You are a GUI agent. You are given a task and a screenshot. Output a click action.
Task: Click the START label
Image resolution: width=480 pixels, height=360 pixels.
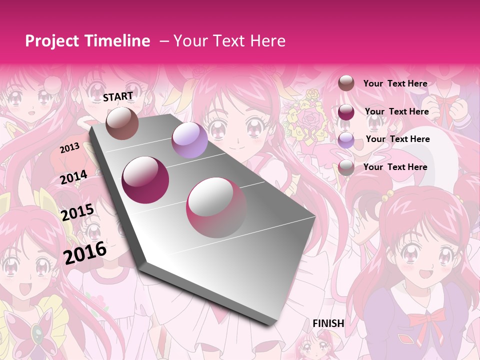click(x=118, y=96)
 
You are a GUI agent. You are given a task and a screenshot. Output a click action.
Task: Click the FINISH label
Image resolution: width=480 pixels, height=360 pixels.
click(x=328, y=323)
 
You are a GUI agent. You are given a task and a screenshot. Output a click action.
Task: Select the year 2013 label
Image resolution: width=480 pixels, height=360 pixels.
click(x=69, y=148)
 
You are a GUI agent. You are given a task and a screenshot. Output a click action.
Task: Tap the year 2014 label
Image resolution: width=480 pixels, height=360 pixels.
click(x=74, y=177)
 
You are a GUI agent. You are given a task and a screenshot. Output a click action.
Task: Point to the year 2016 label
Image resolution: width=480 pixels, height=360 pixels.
click(x=85, y=252)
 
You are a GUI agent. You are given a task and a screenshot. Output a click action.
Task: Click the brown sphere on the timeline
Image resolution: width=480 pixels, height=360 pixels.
click(x=122, y=123)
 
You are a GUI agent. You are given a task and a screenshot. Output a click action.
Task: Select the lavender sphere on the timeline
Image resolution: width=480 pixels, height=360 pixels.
click(x=189, y=140)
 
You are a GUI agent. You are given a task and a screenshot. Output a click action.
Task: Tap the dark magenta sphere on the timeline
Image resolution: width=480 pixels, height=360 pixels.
click(x=145, y=180)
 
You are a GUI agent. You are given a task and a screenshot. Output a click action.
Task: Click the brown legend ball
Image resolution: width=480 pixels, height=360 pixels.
click(x=346, y=83)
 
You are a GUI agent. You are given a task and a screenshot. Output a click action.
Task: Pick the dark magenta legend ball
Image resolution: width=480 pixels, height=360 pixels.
click(x=346, y=112)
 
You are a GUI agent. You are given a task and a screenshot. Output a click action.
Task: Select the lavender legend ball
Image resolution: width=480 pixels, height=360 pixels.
click(x=346, y=140)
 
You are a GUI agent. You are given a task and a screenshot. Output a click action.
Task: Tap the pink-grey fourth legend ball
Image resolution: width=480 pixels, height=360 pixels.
click(x=346, y=167)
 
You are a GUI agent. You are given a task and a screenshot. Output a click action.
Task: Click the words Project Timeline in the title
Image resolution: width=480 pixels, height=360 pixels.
click(x=87, y=41)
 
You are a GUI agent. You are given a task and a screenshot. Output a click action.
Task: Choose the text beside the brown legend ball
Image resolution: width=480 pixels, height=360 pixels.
click(x=395, y=83)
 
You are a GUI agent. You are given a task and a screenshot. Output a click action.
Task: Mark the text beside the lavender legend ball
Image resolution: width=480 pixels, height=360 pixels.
click(x=397, y=139)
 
